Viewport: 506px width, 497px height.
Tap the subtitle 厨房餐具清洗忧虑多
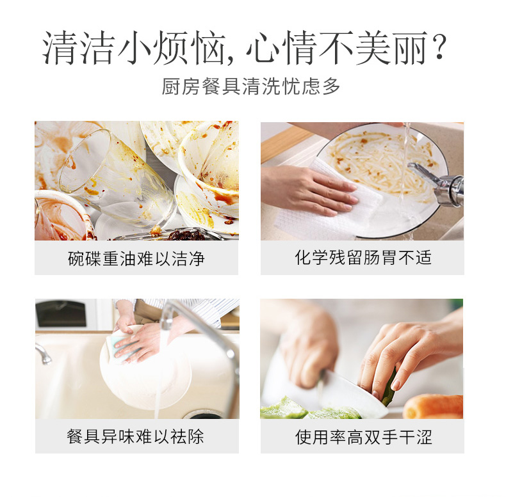(250, 86)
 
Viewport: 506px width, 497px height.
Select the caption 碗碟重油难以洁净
(136, 258)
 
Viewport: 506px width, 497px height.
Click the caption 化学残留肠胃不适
(363, 258)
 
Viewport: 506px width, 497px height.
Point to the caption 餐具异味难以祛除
(135, 436)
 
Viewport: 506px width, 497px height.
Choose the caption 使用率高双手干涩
(363, 437)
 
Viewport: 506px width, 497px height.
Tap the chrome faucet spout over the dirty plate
(439, 182)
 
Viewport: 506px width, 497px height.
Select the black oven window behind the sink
(61, 313)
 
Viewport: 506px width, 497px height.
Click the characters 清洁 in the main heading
(78, 47)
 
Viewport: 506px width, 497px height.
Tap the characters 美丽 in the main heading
(391, 47)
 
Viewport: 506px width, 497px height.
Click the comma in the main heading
(230, 58)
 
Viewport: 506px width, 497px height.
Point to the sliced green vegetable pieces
(307, 409)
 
